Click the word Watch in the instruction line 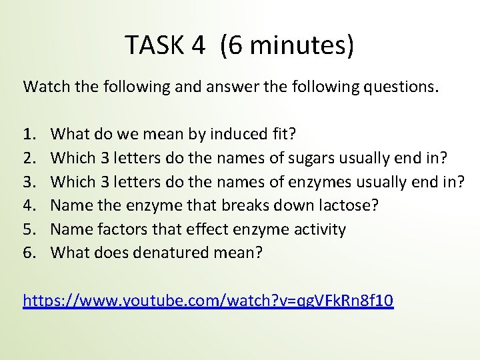click(44, 86)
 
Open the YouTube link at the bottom click(208, 301)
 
